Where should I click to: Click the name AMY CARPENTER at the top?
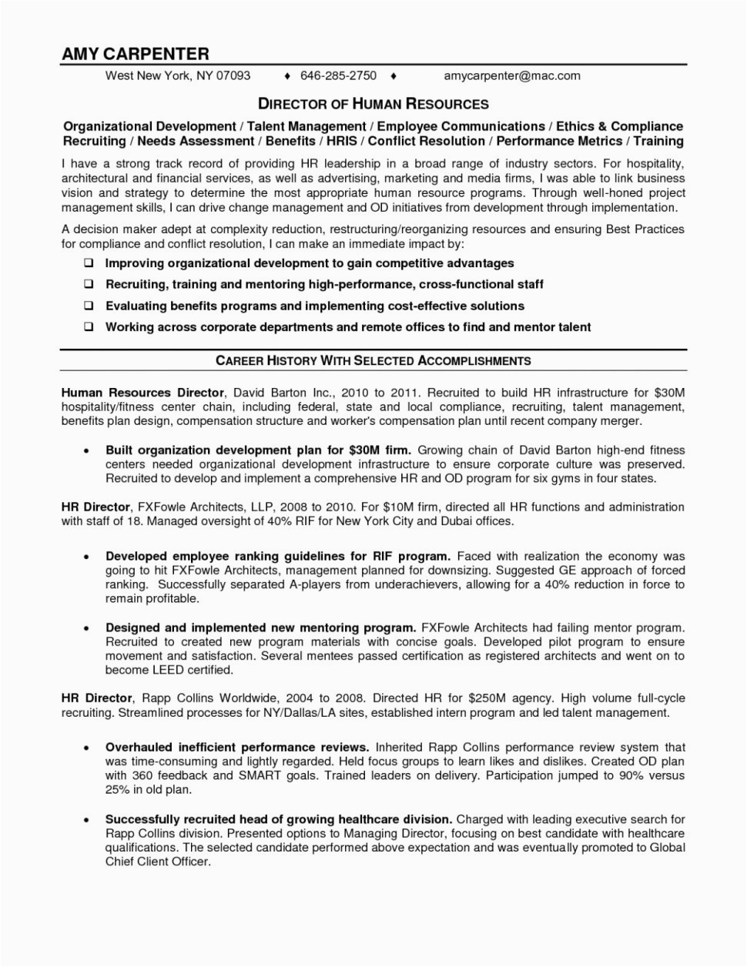[136, 54]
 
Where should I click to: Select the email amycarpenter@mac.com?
[512, 75]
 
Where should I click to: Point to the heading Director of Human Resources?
[373, 103]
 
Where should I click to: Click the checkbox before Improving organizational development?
[89, 263]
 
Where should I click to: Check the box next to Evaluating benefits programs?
[89, 306]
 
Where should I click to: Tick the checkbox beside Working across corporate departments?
[89, 326]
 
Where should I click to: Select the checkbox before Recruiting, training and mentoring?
[89, 284]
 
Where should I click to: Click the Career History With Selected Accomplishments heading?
[373, 360]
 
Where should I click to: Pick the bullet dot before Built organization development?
[88, 450]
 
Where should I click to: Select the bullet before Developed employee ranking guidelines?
[88, 556]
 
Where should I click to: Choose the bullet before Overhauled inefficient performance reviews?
[88, 748]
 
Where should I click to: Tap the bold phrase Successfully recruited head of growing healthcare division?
[279, 820]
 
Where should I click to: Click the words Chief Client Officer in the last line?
[157, 862]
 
